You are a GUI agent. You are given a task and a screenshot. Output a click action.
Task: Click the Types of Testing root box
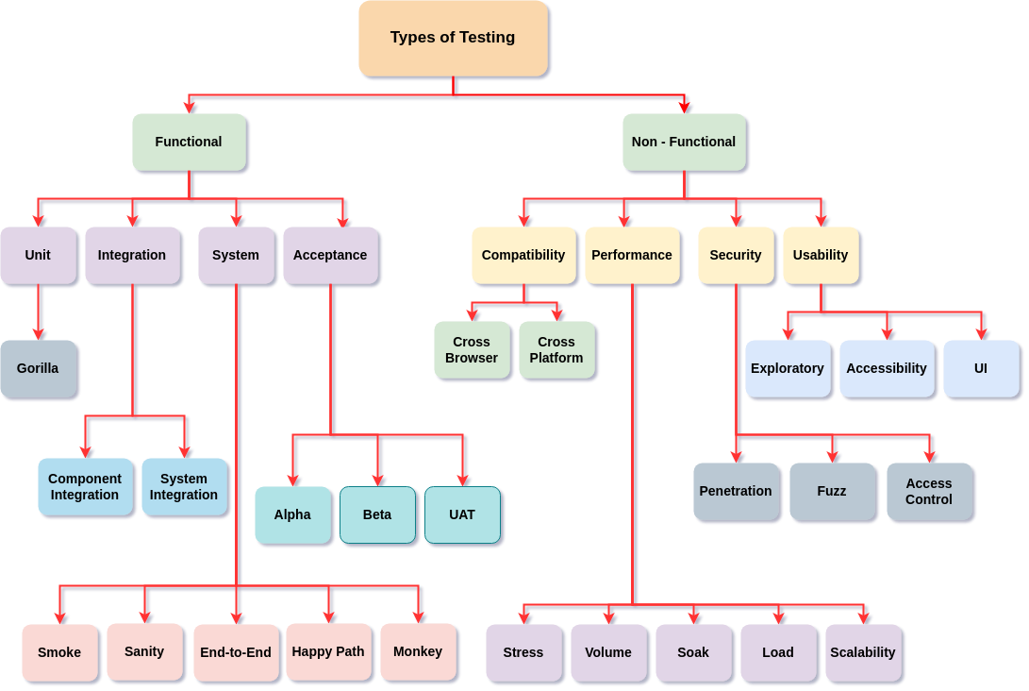pos(453,38)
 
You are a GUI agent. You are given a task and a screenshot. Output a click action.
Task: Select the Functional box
pos(189,142)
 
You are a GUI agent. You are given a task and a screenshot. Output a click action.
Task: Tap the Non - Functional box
pos(684,142)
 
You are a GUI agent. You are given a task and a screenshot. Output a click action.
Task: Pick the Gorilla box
pos(38,368)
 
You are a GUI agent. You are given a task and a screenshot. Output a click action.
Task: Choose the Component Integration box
pos(85,487)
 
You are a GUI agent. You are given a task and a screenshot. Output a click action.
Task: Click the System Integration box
pos(184,487)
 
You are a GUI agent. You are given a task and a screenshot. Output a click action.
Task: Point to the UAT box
pos(462,514)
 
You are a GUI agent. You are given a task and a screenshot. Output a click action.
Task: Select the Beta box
pos(377,514)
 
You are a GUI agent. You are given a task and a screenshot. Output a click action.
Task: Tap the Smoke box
pos(59,652)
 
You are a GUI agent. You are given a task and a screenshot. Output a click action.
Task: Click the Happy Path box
pos(328,651)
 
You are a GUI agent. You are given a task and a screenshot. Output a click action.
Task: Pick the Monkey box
pos(418,651)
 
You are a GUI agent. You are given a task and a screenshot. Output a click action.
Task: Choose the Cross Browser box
pos(472,350)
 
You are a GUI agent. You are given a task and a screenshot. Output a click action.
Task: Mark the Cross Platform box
pos(556,350)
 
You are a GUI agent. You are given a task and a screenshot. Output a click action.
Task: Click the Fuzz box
pos(832,491)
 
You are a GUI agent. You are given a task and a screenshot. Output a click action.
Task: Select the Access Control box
pos(929,491)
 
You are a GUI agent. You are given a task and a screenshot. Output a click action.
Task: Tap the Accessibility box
pos(887,368)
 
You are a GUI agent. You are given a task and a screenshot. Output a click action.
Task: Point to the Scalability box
pos(863,652)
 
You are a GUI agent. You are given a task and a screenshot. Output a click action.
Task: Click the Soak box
pos(693,652)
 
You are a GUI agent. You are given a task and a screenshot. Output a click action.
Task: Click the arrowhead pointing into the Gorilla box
pos(39,333)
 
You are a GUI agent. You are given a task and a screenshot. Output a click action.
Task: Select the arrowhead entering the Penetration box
pos(738,456)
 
